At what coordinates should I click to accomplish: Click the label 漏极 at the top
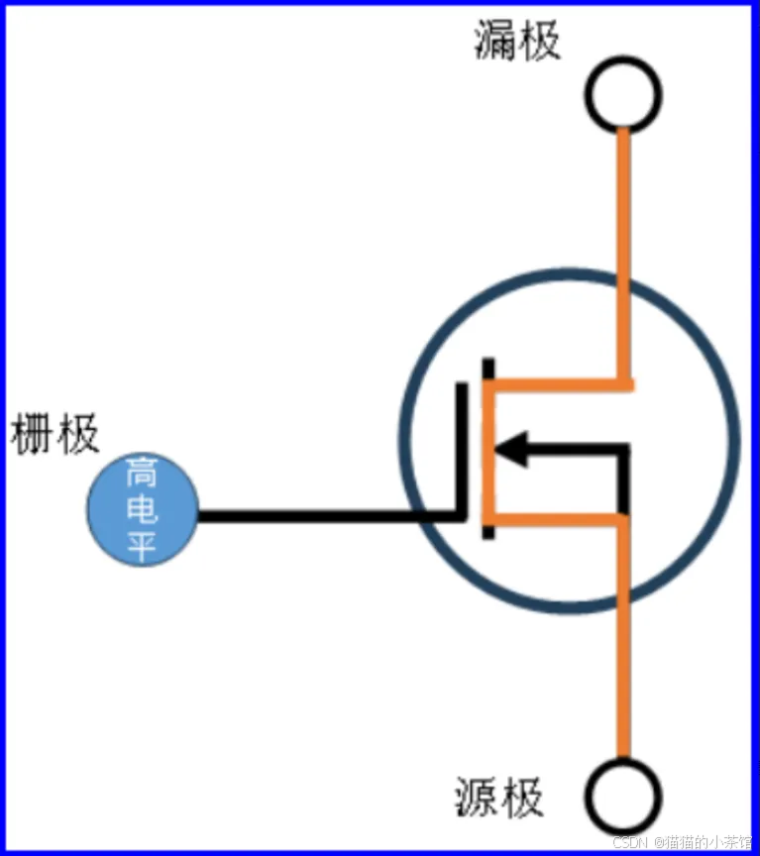pos(517,42)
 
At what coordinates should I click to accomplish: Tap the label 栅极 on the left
pos(55,436)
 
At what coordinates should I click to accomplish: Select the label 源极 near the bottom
pos(500,797)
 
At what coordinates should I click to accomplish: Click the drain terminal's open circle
pos(623,93)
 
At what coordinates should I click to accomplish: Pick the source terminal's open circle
pos(622,797)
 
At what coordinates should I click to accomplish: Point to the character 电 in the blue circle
pos(141,510)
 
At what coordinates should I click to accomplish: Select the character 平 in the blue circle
pos(141,545)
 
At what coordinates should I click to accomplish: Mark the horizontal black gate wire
pos(327,516)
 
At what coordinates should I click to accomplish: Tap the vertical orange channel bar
pos(488,452)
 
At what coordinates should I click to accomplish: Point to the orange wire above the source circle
pos(622,674)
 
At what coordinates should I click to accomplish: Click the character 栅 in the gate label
pos(32,436)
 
